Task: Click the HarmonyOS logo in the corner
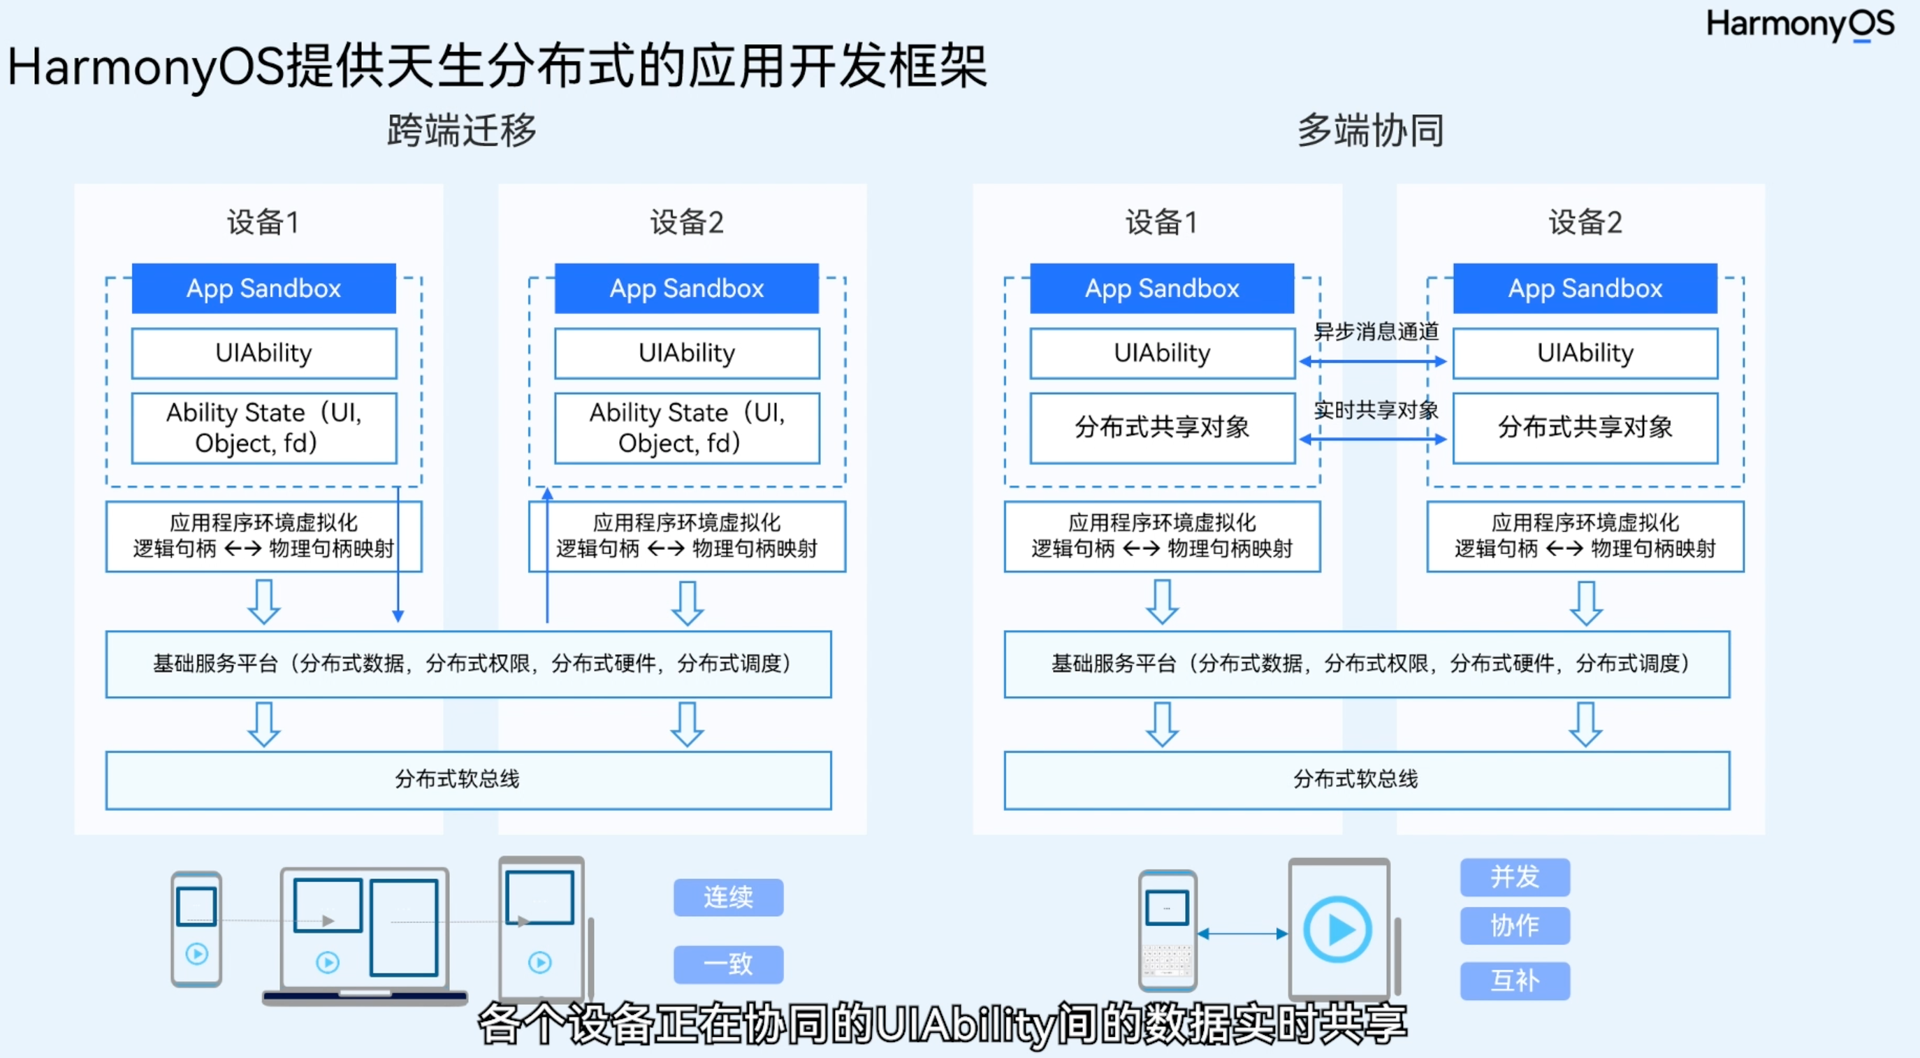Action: pos(1799,24)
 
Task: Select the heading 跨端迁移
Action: pos(461,131)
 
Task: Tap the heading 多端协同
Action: pos(1370,131)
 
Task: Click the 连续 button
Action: pos(728,897)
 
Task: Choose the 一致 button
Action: pos(728,964)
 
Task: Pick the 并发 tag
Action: pos(1515,877)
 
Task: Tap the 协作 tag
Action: pos(1515,925)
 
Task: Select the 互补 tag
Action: pos(1515,980)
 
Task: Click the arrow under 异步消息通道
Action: pos(1372,361)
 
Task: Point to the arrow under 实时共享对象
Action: pos(1372,439)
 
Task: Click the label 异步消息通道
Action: pos(1376,331)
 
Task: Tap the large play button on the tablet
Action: pos(1338,929)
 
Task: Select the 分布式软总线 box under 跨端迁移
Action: pos(468,780)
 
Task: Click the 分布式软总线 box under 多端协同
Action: pos(1366,780)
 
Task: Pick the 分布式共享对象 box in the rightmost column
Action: pos(1585,428)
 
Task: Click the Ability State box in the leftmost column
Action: pos(264,428)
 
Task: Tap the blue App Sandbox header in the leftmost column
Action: pos(264,289)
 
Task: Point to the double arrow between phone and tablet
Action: pos(1242,933)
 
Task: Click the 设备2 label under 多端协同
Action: pos(1585,222)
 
